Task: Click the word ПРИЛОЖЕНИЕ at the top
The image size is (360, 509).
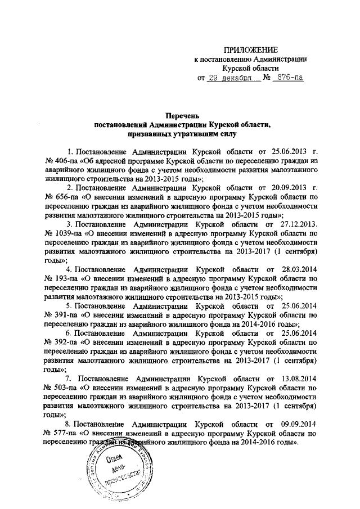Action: pyautogui.click(x=251, y=51)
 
